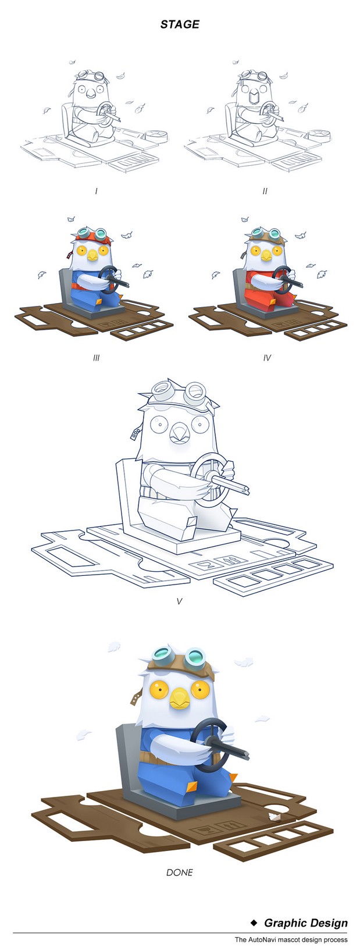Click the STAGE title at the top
tap(180, 24)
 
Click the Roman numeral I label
tap(97, 191)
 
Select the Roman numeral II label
tap(265, 191)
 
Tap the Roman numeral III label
tap(97, 358)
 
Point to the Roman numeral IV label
tap(266, 358)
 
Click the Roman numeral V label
tap(179, 601)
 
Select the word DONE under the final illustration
tap(180, 872)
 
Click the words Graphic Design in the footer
tap(306, 922)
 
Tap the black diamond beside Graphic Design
tap(254, 922)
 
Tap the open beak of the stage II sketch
tap(254, 97)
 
